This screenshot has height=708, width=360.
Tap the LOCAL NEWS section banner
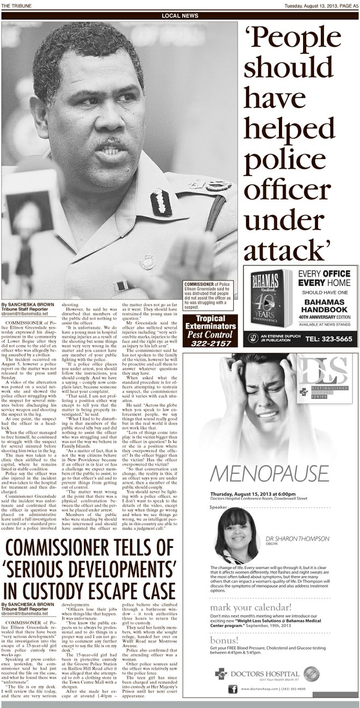[x=180, y=16]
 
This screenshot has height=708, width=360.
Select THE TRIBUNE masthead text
[x=16, y=5]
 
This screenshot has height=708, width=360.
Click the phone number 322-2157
[x=210, y=342]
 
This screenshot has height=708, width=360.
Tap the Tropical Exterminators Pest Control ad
[x=210, y=330]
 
